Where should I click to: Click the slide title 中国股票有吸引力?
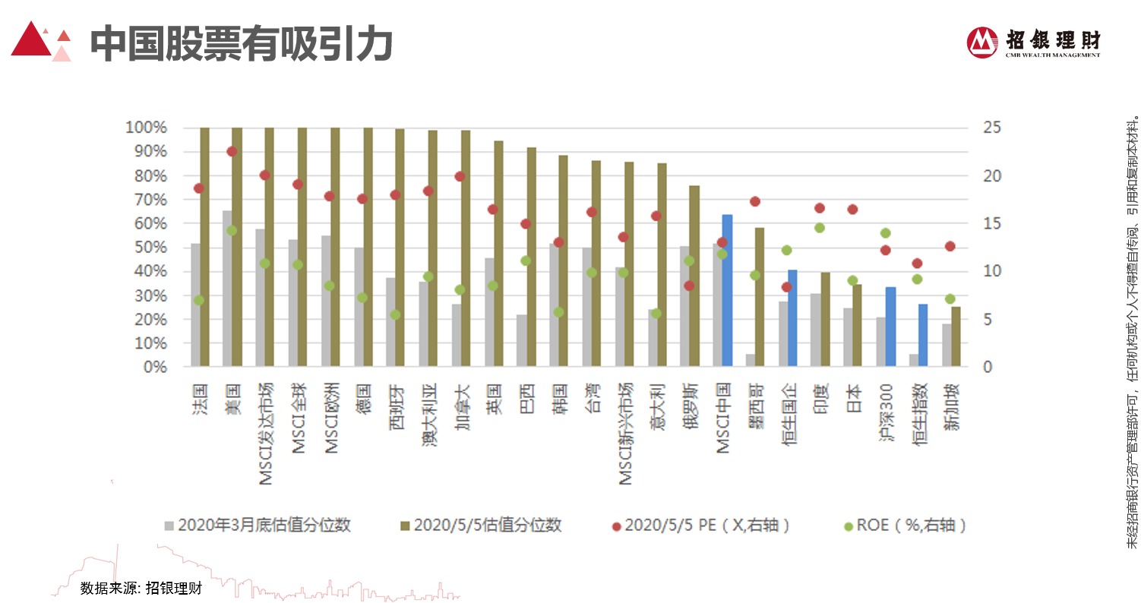tap(241, 45)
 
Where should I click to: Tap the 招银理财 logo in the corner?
tap(1033, 43)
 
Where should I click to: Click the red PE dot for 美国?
tap(232, 152)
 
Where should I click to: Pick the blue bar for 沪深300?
tap(890, 327)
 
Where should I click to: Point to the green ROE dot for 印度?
tap(820, 228)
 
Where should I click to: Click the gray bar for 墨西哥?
tap(751, 361)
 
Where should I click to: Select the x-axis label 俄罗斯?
tap(690, 406)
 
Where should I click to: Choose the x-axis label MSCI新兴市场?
tap(624, 434)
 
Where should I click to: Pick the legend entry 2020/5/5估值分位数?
tap(480, 526)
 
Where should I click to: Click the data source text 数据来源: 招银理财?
tap(141, 588)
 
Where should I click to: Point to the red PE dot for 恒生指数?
tap(917, 264)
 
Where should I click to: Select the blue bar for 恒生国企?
tap(792, 318)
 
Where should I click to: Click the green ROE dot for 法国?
tap(199, 300)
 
